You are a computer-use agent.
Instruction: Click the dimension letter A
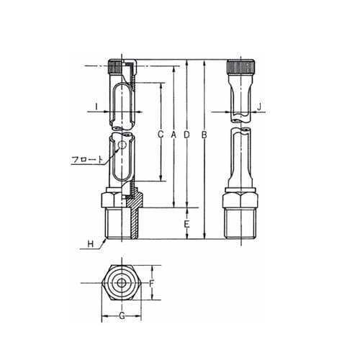click(174, 135)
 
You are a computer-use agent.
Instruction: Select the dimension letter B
click(204, 135)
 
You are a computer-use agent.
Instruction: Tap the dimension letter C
click(161, 135)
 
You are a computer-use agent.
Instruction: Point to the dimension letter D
click(186, 135)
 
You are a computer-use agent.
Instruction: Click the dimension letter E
click(186, 225)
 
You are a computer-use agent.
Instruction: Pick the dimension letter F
click(151, 284)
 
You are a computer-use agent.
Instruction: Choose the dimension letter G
click(122, 315)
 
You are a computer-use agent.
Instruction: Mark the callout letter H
click(91, 244)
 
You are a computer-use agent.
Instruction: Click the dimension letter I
click(96, 107)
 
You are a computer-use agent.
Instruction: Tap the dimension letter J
click(259, 107)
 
